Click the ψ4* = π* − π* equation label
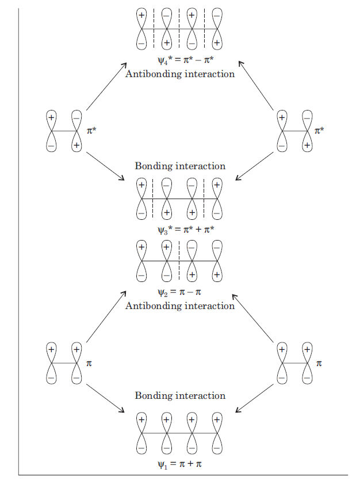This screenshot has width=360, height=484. pos(179,60)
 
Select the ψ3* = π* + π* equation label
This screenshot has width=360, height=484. pos(179,230)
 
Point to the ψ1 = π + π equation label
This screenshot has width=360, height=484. pos(179,464)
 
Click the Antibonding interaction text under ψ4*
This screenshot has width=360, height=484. pos(179,74)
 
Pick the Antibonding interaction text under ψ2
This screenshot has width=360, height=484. pos(179,306)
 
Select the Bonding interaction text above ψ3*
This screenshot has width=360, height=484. pos(179,166)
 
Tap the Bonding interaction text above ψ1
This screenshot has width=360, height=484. pos(179,396)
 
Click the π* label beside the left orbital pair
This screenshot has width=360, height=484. pos(91,131)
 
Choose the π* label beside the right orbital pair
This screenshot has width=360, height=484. pos(319,131)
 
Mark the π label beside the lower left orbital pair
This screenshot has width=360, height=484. pos(89,364)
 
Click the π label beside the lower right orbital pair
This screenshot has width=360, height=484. pos(319,364)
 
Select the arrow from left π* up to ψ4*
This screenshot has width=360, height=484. pos(106,86)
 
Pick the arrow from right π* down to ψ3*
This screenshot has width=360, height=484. pos(254,166)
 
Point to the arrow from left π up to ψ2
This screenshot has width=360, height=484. pos(106,317)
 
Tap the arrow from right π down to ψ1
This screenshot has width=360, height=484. pos(254,398)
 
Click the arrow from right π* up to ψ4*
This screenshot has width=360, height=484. pos(256,85)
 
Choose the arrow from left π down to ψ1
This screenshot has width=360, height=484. pos(105,398)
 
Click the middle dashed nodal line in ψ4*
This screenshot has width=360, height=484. pos(179,28)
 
